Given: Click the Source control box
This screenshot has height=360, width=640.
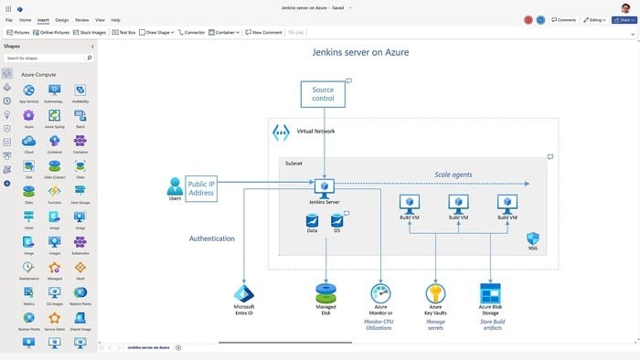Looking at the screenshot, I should (323, 94).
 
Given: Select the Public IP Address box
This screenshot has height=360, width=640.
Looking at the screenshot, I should (201, 187).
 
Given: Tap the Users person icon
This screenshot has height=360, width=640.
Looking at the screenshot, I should (175, 186).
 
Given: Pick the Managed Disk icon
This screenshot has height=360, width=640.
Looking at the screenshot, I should (325, 292).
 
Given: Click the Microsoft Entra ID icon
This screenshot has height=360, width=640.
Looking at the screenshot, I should (244, 292).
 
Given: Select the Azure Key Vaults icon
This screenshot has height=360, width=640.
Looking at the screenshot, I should (436, 292).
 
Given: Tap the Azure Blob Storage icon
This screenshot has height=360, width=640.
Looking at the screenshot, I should (491, 292).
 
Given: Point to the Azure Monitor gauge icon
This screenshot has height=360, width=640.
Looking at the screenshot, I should (380, 292).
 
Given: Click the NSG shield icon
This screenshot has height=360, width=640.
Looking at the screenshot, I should (533, 238).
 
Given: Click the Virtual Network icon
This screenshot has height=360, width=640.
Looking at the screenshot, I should (282, 132).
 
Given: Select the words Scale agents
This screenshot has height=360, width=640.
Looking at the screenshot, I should (454, 174).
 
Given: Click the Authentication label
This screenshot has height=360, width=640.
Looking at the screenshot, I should (212, 238).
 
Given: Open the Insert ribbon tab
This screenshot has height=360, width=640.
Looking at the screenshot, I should (43, 19).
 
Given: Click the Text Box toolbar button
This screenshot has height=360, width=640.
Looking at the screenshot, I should (124, 32).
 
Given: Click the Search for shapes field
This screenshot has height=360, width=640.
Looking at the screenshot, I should (46, 58).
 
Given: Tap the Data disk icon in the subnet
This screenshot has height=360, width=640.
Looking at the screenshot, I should (312, 220).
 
